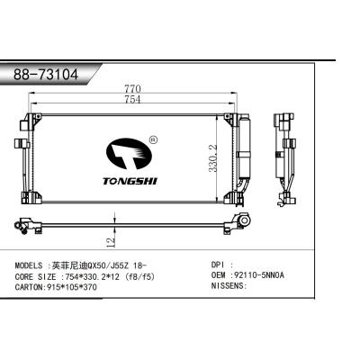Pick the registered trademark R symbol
tap(152, 139)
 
